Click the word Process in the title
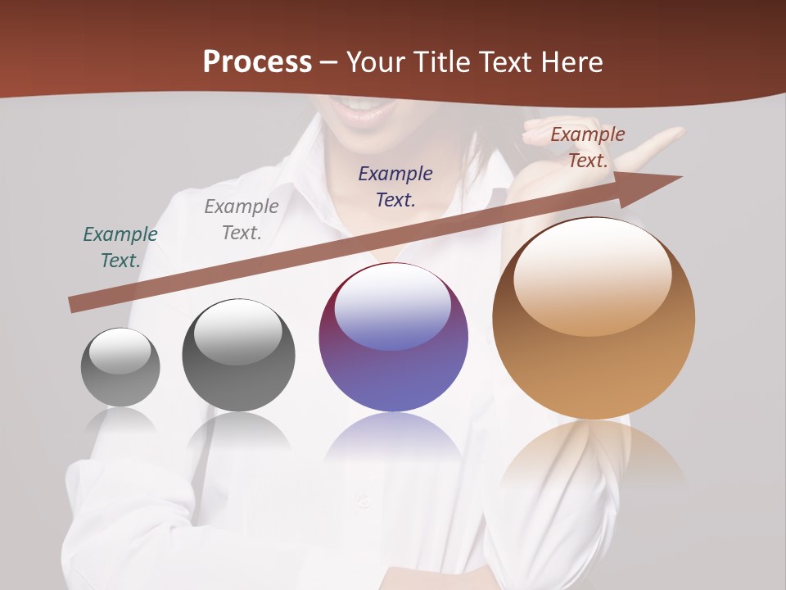click(x=257, y=61)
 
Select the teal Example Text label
click(x=120, y=247)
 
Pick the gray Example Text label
click(x=242, y=220)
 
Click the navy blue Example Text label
click(x=395, y=187)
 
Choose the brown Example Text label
click(x=588, y=147)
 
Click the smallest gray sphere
click(x=120, y=368)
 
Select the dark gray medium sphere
click(x=238, y=356)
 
